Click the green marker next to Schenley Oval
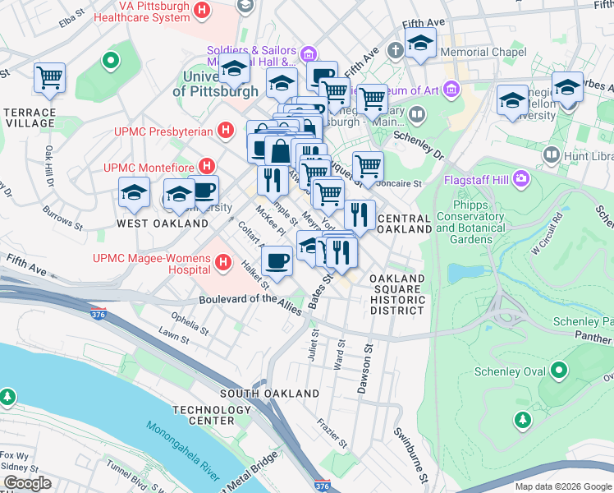pyautogui.click(x=559, y=371)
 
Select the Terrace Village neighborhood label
pyautogui.click(x=30, y=117)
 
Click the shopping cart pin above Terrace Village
pyautogui.click(x=49, y=78)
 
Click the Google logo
pyautogui.click(x=27, y=483)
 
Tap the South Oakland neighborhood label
pyautogui.click(x=269, y=393)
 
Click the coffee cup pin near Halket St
pyautogui.click(x=277, y=261)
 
